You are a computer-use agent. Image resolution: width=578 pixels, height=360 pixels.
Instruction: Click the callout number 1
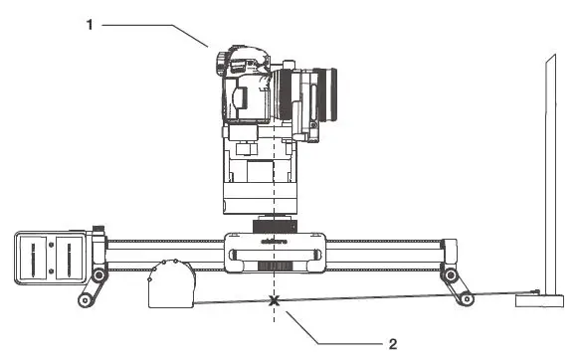89,25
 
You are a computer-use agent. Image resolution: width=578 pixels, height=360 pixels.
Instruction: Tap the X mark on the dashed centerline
273,299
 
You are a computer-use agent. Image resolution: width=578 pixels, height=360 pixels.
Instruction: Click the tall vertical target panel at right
548,169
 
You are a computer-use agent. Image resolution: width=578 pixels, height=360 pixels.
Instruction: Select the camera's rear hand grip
240,99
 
